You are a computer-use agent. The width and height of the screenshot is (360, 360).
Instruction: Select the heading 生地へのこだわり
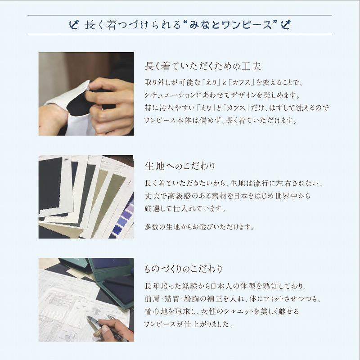(180, 166)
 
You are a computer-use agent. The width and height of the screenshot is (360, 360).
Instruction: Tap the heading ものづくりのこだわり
(183, 269)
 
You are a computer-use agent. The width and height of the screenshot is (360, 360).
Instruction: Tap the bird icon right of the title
(284, 24)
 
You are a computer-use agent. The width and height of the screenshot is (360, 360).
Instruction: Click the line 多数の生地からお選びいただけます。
(199, 227)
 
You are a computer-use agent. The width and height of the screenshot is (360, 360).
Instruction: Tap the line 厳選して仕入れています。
(184, 209)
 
